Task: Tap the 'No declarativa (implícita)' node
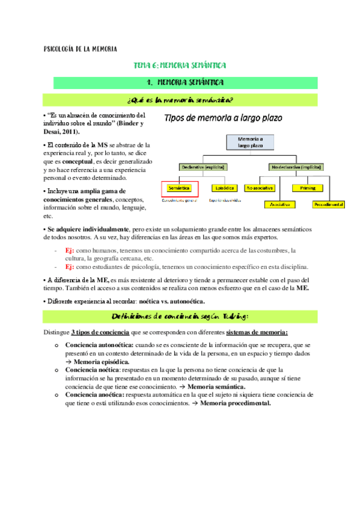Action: coord(294,167)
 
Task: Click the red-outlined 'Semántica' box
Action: coord(178,188)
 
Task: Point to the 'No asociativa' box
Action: coord(260,188)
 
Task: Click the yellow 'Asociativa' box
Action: coord(280,204)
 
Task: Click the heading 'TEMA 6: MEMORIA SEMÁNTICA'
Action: coord(180,64)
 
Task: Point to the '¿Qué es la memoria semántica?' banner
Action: coord(180,99)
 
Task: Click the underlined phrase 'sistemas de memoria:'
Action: coord(257,333)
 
